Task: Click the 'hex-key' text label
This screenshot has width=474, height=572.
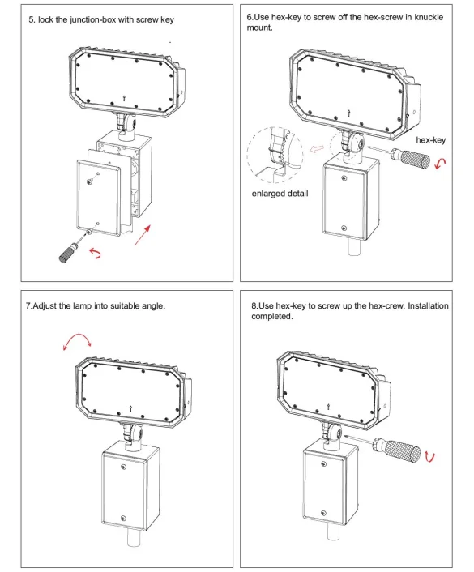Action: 430,140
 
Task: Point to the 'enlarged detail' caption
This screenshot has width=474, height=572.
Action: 280,194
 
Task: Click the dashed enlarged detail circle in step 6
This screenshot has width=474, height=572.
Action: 247,153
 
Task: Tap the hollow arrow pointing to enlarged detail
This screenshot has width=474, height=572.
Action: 316,149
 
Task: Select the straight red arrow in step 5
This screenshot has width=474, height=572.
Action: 143,235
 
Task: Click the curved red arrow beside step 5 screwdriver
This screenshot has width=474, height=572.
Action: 96,253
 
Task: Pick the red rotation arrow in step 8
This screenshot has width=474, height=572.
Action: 430,458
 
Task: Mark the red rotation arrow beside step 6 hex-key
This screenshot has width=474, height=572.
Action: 441,164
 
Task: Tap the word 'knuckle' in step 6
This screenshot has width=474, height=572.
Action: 429,17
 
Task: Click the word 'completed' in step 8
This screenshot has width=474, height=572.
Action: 271,316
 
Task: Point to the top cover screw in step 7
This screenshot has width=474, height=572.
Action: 123,467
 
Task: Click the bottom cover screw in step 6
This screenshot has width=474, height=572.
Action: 344,228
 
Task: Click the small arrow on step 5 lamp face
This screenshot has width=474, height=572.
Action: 125,98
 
